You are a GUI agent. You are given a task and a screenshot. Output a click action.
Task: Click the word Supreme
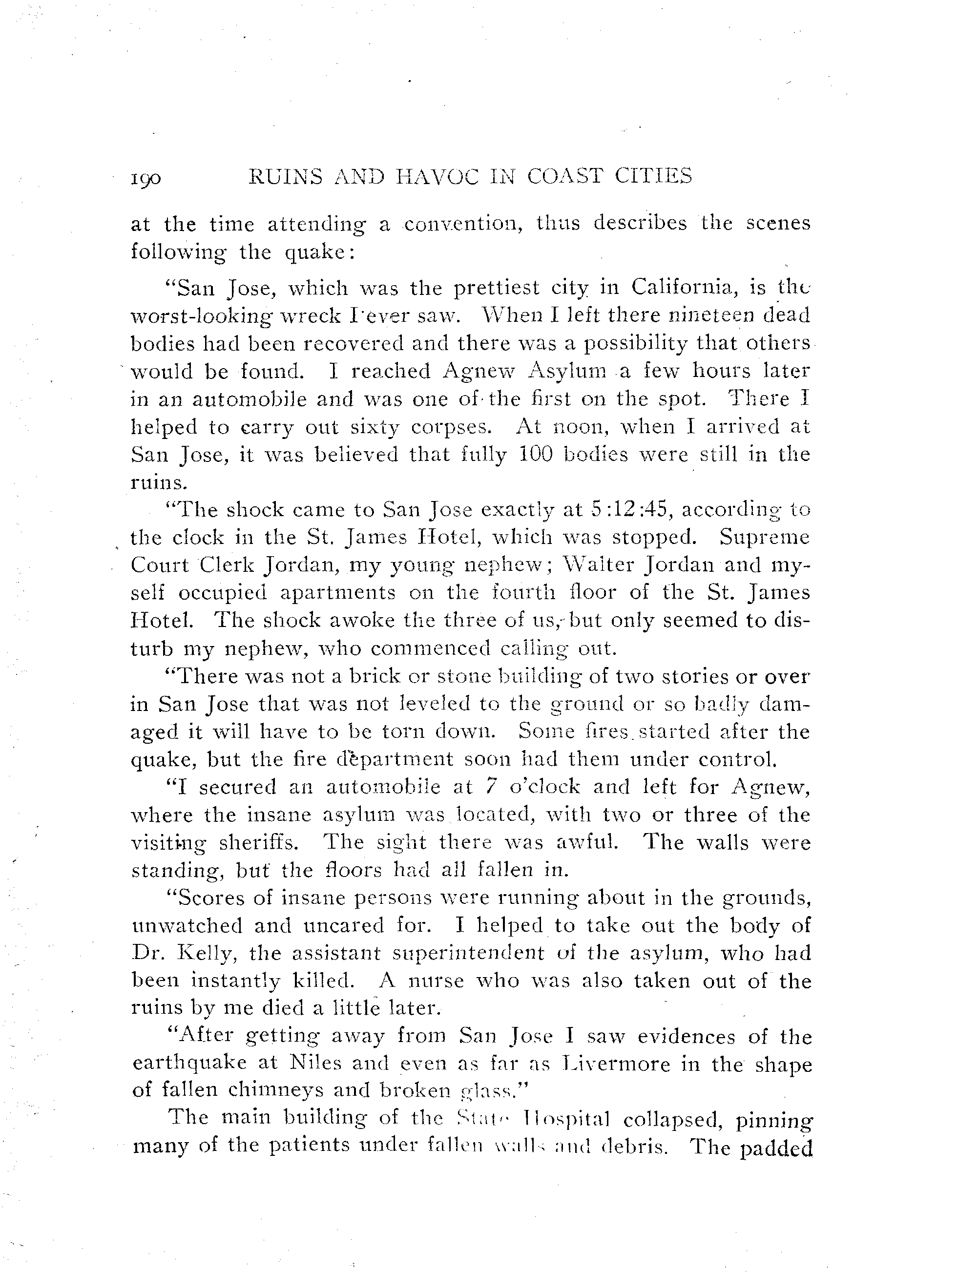coord(765,537)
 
